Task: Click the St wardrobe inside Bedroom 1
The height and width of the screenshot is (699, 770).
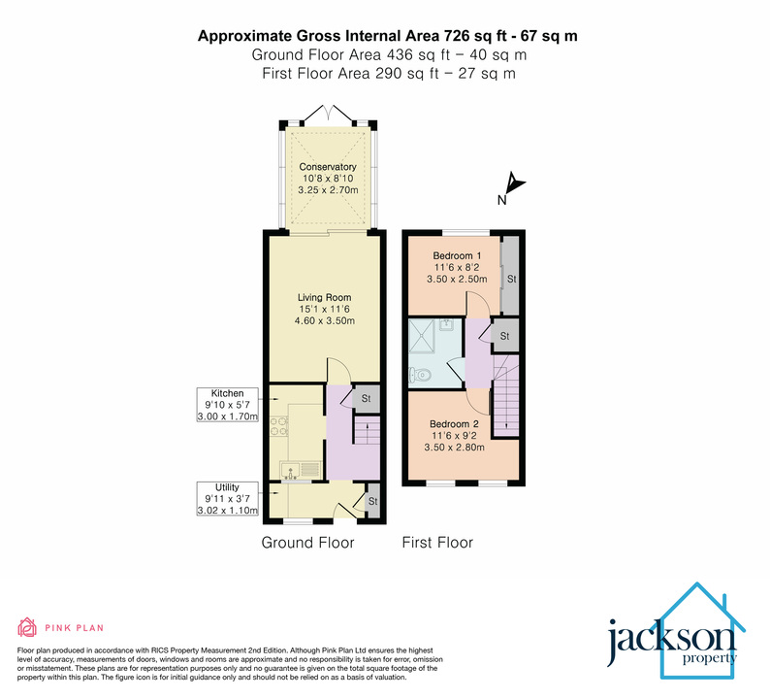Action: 510,278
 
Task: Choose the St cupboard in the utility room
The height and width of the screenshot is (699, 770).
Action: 371,502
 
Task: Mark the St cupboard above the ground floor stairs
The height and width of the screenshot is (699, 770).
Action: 367,398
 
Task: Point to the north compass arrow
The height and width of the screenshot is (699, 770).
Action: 513,184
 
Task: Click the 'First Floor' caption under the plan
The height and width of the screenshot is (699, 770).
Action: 437,543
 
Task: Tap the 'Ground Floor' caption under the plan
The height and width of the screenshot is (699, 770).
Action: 307,543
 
